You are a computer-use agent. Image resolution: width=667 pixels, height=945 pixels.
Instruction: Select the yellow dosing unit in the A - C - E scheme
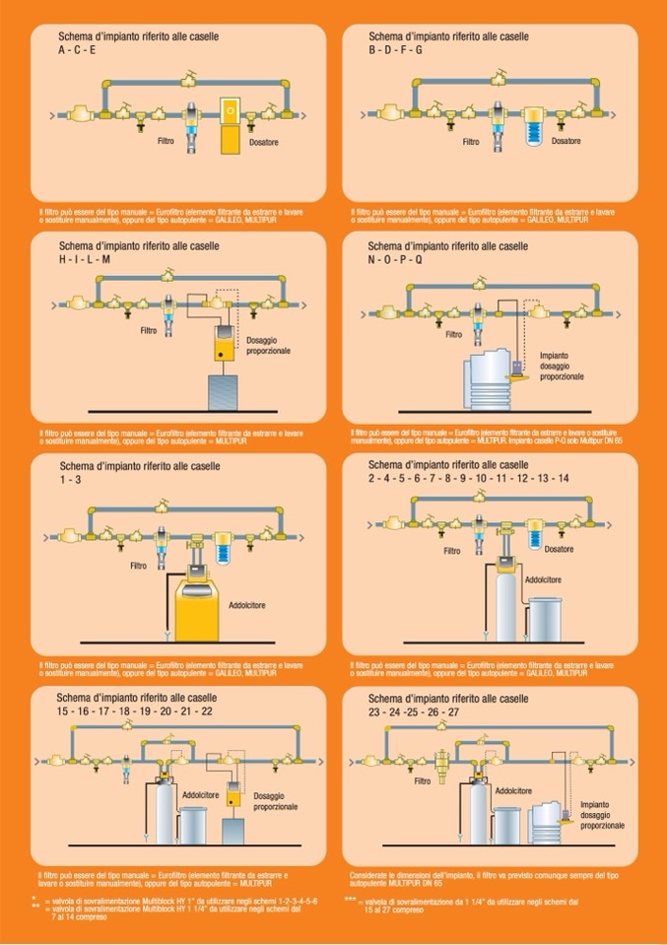pos(229,123)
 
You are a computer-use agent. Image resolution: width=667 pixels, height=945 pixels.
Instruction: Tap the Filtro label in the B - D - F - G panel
pos(471,142)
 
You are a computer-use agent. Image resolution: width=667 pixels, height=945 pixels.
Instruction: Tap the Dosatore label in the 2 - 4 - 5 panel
pos(558,550)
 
